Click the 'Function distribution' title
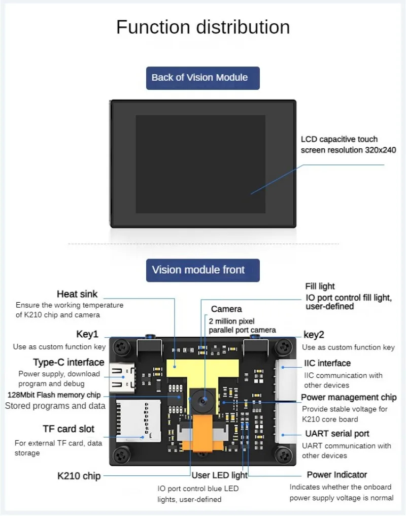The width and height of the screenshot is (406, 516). tap(203, 27)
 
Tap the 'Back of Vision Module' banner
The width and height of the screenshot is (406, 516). tap(202, 78)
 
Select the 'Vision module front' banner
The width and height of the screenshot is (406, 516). tap(202, 270)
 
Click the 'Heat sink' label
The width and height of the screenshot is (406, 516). tap(77, 294)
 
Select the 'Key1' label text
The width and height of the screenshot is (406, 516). tap(87, 335)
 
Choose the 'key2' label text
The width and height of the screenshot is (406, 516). tap(314, 335)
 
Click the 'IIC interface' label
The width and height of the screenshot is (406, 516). tap(327, 363)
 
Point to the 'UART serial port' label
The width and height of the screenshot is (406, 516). tap(337, 434)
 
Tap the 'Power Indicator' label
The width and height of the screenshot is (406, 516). tap(336, 475)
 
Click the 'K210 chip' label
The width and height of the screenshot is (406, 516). tap(79, 476)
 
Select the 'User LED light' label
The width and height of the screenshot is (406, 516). tap(219, 475)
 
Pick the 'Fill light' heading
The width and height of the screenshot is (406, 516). tap(320, 286)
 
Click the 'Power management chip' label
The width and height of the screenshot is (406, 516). tap(349, 397)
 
